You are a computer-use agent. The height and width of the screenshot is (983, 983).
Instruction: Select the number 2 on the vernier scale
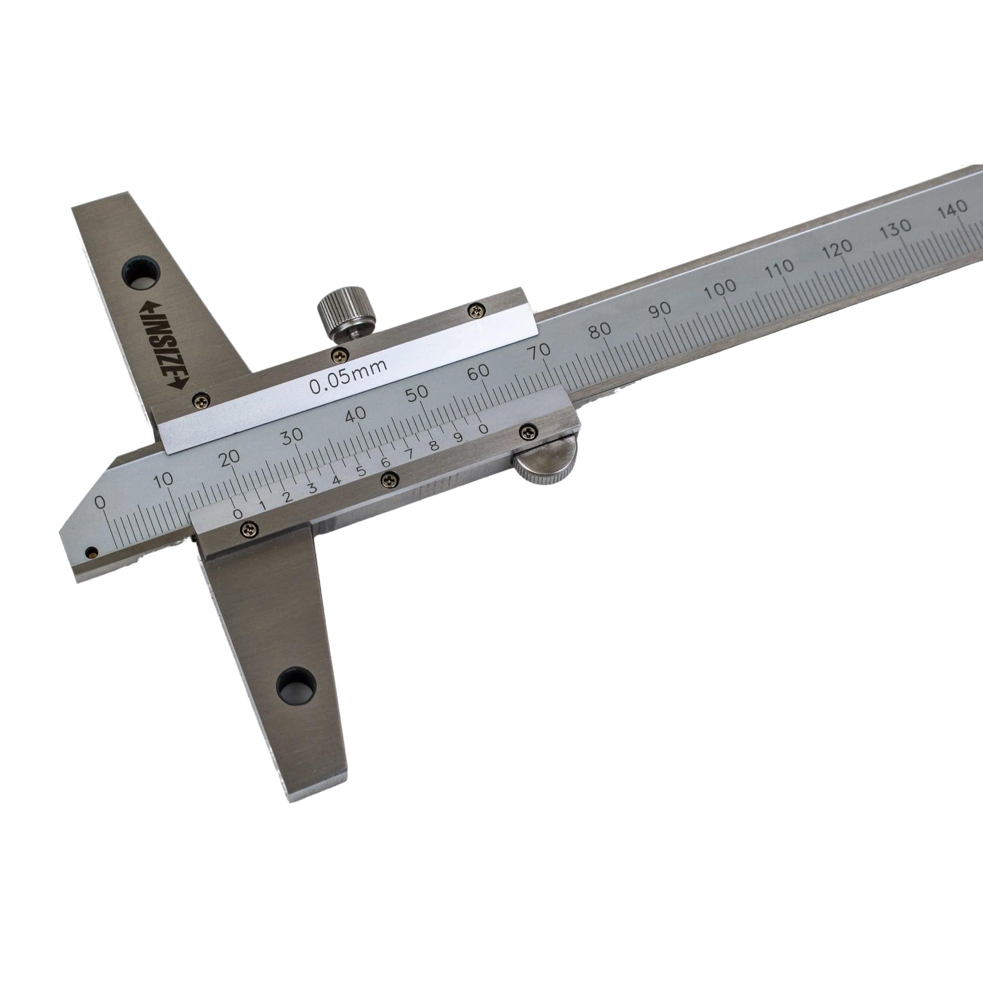click(x=288, y=497)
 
